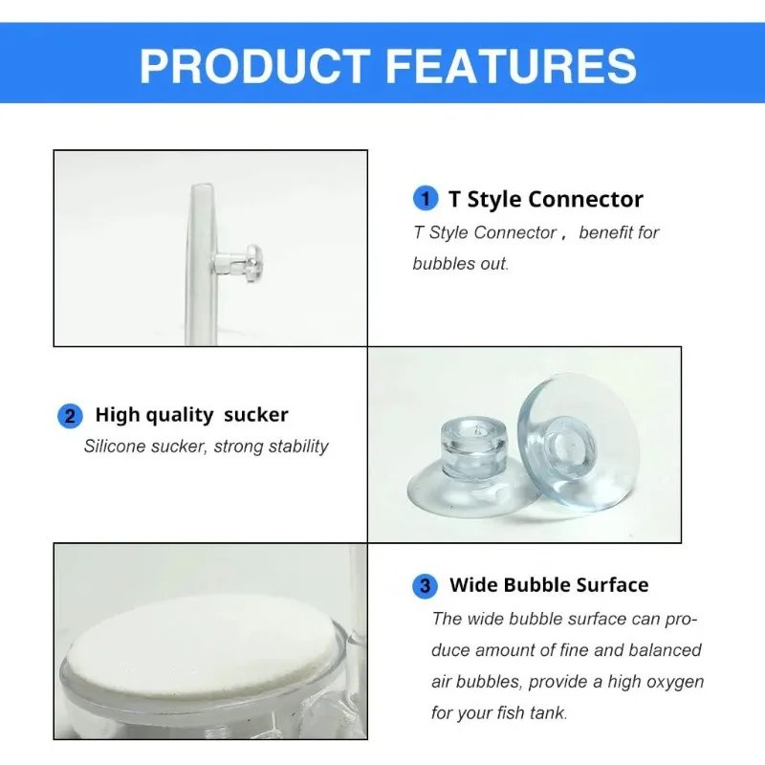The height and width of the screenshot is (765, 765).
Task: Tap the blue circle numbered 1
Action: point(425,199)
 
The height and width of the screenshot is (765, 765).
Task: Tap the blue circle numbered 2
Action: point(70,416)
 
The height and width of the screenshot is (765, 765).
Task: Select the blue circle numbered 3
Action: point(425,585)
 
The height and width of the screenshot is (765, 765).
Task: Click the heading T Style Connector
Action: point(545,199)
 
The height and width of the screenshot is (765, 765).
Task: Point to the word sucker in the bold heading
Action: point(255,415)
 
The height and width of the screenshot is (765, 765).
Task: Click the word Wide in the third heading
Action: point(474,585)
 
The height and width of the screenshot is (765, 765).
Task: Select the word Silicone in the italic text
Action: point(118,446)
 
